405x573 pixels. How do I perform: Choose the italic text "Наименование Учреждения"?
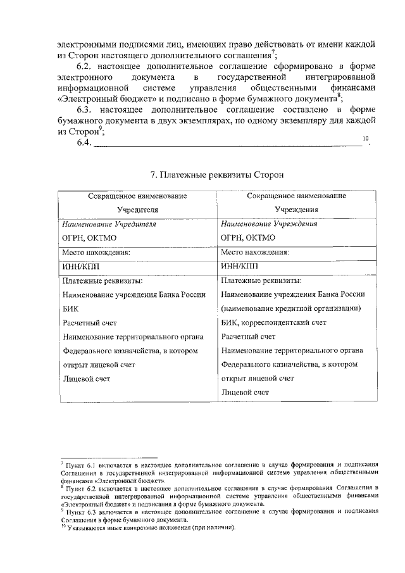[269, 224]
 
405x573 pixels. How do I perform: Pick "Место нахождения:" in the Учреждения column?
[255, 252]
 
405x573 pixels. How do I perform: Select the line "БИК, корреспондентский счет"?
[274, 322]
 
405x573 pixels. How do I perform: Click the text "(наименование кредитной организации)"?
[291, 308]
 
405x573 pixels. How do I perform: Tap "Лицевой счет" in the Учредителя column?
[87, 378]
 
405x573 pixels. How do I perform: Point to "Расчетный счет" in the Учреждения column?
[248, 336]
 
